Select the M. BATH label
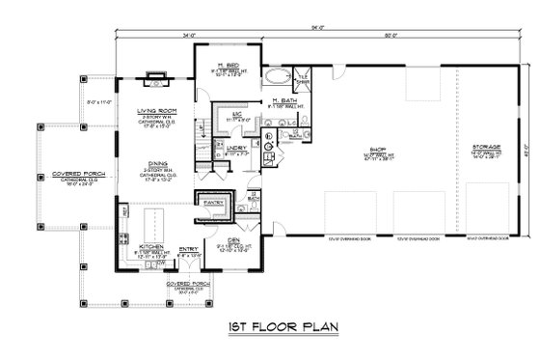point(283,100)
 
